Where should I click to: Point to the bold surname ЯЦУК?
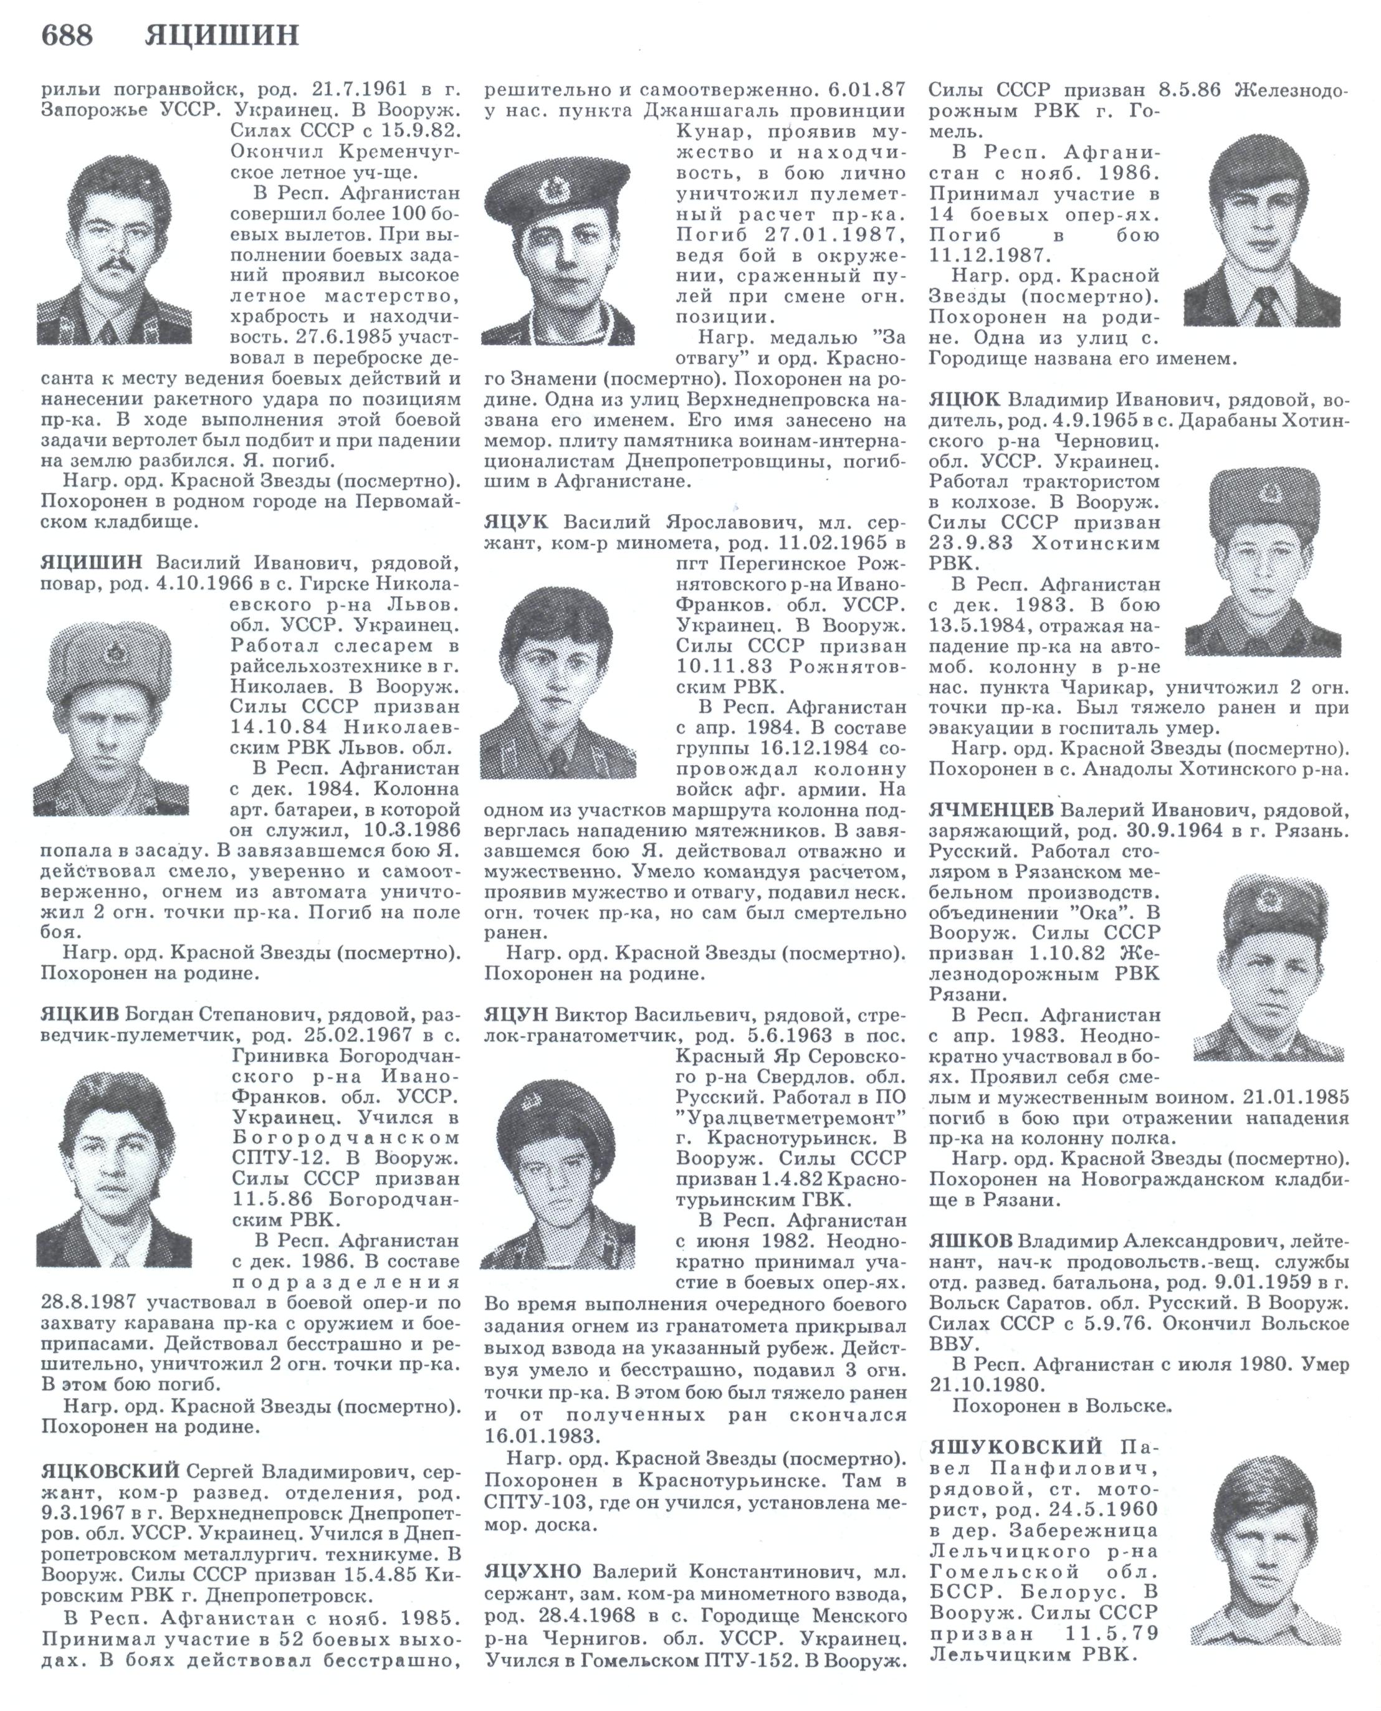point(516,523)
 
